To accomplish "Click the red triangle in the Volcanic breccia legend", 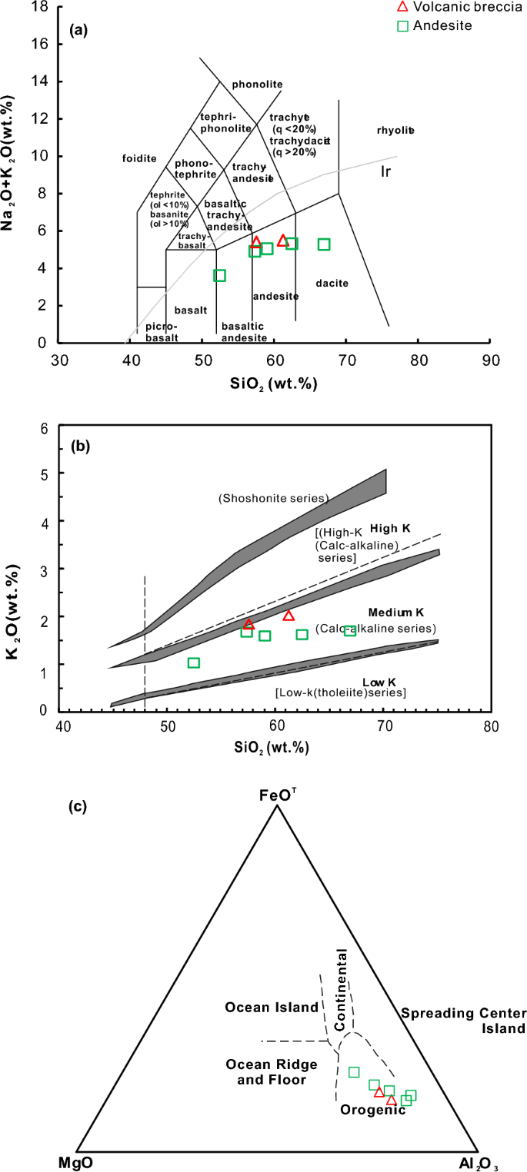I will [x=401, y=8].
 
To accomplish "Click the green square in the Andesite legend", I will [x=402, y=26].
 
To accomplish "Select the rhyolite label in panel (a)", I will [x=395, y=131].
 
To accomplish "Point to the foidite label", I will [x=139, y=159].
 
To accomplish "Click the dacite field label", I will [x=332, y=284].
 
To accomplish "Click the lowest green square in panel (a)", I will [x=219, y=276].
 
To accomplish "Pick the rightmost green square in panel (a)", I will [x=324, y=244].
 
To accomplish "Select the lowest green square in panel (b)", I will [x=194, y=662].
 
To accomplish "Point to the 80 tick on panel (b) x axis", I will [x=491, y=726].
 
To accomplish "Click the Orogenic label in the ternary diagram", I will [x=372, y=1110].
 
